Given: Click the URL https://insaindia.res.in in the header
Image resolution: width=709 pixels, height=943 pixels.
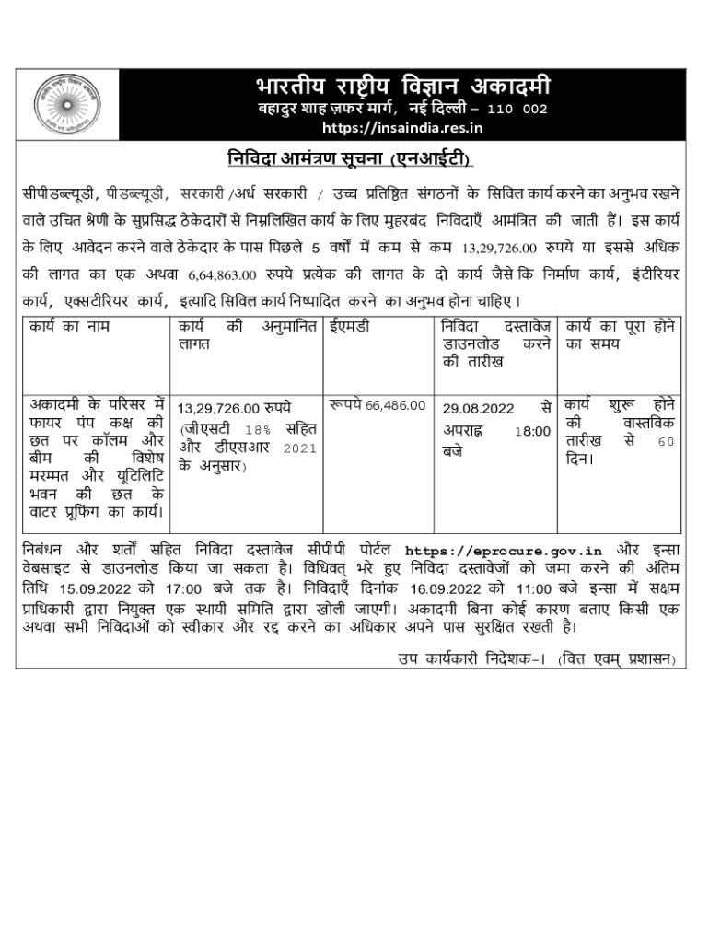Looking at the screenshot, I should coord(407,127).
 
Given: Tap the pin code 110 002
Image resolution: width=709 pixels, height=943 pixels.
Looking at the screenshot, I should coord(517,109).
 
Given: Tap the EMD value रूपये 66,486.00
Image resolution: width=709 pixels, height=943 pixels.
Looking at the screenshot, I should coord(378,404).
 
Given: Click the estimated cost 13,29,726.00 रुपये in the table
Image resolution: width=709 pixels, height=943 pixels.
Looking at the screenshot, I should coord(234,406).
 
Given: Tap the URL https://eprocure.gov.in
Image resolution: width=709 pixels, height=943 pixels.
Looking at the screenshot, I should coord(503,551).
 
